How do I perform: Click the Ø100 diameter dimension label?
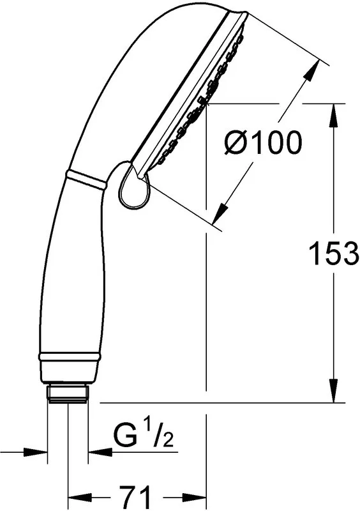[x=263, y=142]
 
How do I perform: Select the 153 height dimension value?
[x=333, y=253]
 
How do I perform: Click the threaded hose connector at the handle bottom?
[x=68, y=394]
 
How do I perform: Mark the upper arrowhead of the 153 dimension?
[x=334, y=116]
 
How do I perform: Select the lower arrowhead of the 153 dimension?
[x=334, y=391]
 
